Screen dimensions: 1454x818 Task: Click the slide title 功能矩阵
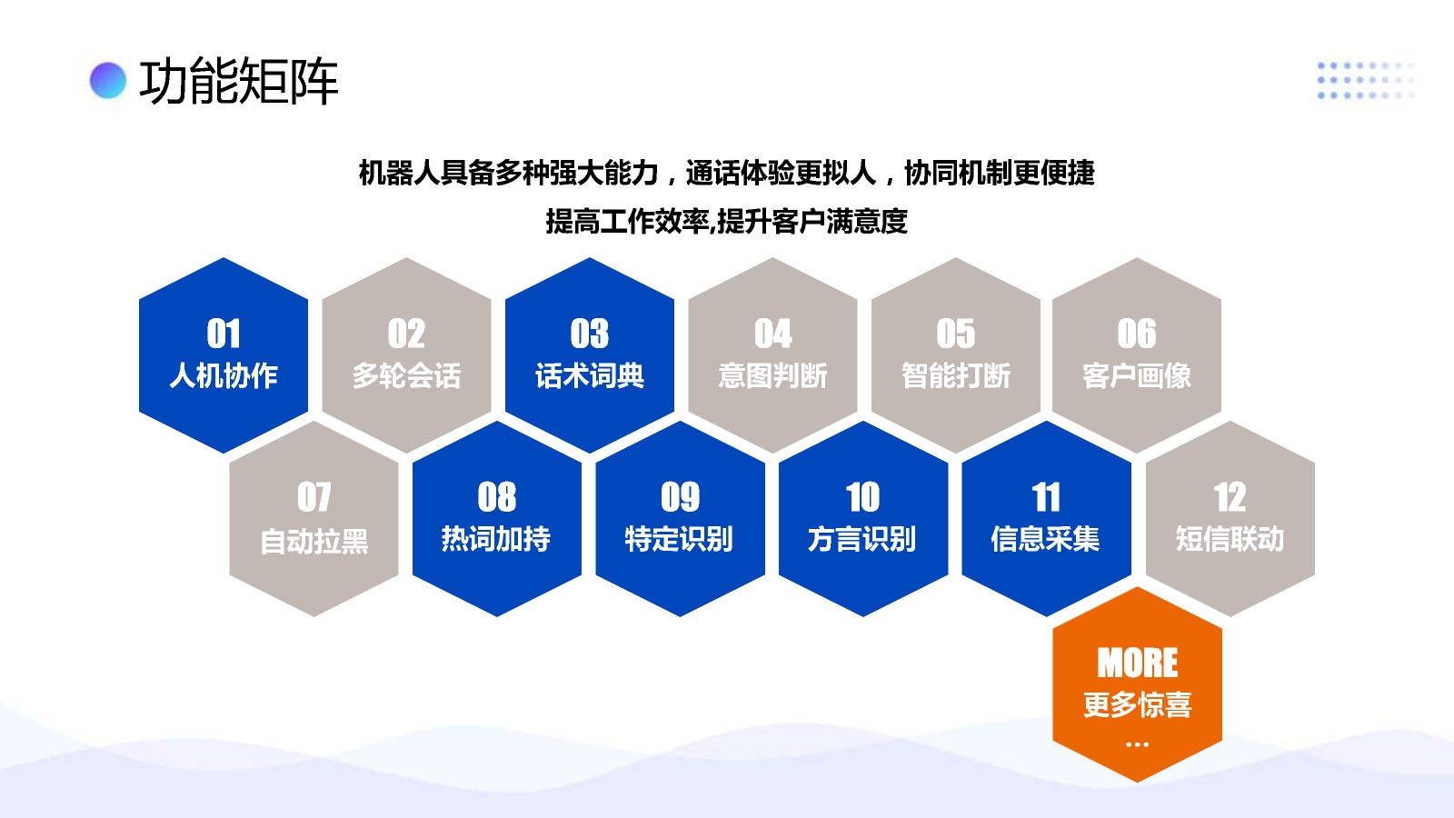(x=239, y=81)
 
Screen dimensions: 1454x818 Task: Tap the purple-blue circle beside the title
(x=108, y=81)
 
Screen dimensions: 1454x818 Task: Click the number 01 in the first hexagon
(x=224, y=334)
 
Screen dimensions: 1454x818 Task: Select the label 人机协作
(x=224, y=375)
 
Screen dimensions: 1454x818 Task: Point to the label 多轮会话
(x=406, y=375)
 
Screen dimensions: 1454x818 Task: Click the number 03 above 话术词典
(x=590, y=334)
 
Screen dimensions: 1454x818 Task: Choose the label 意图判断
(x=772, y=375)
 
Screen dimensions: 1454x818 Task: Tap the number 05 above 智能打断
(x=955, y=334)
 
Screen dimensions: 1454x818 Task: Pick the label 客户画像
(x=1137, y=375)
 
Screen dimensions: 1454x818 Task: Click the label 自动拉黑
(x=314, y=540)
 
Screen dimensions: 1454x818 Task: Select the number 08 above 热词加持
(x=496, y=497)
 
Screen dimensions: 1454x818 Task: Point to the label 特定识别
(x=679, y=539)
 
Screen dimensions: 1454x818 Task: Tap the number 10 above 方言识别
(x=862, y=497)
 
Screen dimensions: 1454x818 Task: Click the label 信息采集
(x=1045, y=539)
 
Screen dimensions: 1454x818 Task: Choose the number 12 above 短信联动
(x=1230, y=497)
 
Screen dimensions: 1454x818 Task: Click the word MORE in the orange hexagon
(x=1137, y=663)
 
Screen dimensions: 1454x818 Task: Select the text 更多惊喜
(x=1137, y=704)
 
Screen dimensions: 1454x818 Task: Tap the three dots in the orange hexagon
(x=1137, y=744)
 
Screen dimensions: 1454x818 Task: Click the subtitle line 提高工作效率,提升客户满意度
(x=726, y=222)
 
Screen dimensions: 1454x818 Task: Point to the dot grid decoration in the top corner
(x=1366, y=81)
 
